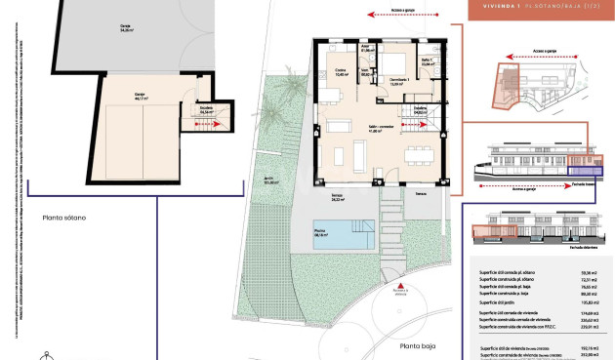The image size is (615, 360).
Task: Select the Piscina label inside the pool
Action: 319,233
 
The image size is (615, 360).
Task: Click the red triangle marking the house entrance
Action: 399,283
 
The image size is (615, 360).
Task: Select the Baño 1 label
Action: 427,62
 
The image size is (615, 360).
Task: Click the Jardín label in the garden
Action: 268,179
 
